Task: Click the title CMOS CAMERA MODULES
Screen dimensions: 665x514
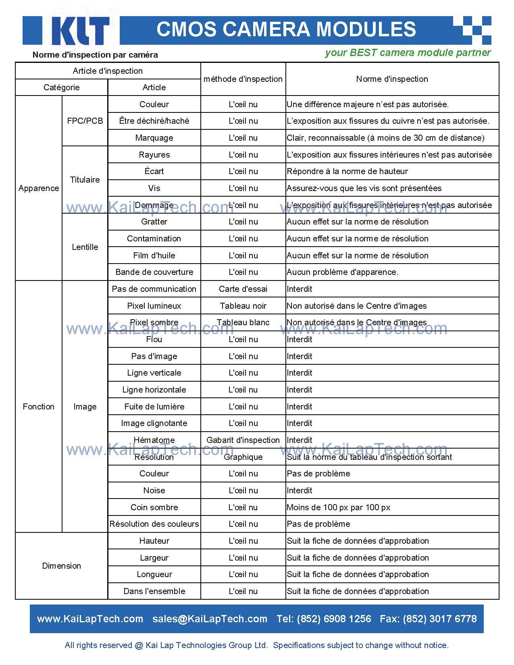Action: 286,29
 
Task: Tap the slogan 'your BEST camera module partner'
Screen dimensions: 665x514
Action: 408,53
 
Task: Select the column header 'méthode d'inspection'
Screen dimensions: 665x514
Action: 243,79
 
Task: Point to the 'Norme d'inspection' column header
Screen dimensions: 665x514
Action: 392,79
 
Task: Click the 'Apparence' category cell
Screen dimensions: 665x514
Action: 39,188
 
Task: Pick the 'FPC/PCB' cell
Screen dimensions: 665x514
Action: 85,121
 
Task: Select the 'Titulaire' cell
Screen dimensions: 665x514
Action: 85,180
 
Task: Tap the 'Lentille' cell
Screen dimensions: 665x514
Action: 85,247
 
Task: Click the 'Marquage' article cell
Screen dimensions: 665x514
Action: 154,138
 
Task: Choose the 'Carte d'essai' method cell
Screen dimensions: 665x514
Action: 243,289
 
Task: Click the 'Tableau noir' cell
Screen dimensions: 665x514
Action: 243,306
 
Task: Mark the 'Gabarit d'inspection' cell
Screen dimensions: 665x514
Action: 243,440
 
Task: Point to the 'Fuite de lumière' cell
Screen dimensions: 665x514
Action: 154,407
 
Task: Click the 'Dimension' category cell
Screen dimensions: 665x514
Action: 61,566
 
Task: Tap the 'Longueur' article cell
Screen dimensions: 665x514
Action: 154,574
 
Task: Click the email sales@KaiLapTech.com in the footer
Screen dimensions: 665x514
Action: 210,619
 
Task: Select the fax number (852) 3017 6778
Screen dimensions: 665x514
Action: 439,619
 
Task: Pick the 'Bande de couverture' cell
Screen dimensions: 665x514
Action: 154,272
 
